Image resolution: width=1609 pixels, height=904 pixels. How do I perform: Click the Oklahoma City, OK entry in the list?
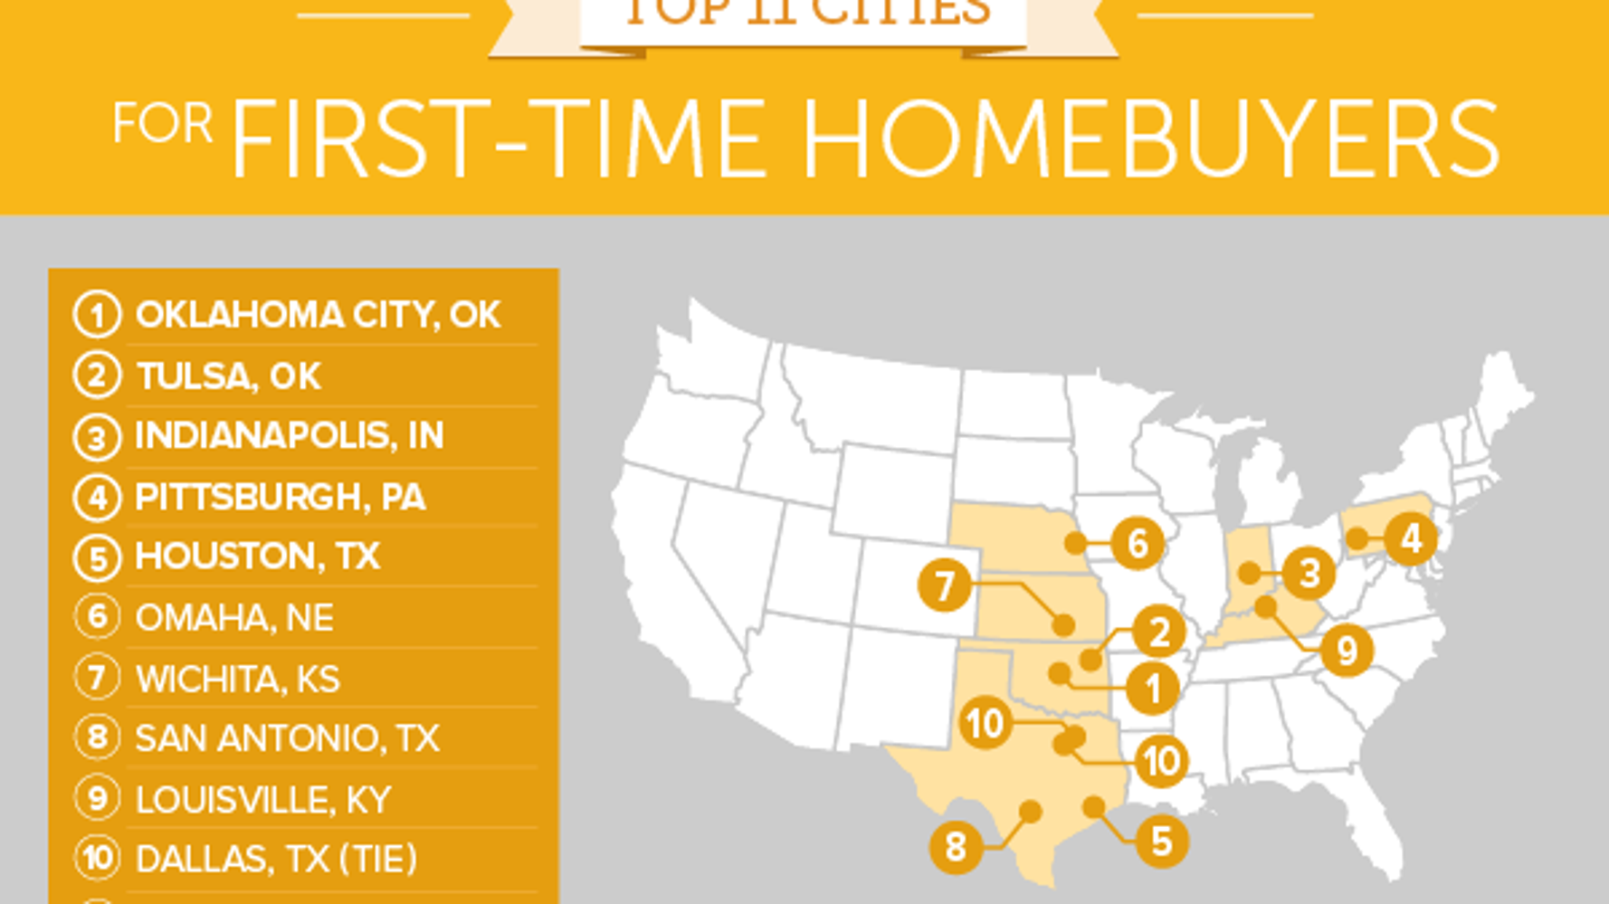[x=317, y=315]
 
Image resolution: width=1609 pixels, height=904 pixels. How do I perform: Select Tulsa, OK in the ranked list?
[x=228, y=376]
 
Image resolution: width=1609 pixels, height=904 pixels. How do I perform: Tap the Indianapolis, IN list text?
[x=289, y=436]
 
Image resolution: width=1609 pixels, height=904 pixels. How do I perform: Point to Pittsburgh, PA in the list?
[x=280, y=497]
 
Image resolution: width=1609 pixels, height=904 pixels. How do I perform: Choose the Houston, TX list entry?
[x=257, y=557]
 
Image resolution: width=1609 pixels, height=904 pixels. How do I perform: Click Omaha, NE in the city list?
[x=234, y=618]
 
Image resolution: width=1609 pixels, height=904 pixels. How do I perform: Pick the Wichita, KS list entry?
[x=237, y=679]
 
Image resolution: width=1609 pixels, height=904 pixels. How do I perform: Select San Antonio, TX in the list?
[x=287, y=738]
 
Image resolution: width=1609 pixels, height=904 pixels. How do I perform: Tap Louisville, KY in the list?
[x=262, y=800]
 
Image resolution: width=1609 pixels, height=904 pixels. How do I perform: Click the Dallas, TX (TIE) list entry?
[x=276, y=859]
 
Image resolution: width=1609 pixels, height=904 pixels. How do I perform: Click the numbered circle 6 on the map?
[x=1137, y=544]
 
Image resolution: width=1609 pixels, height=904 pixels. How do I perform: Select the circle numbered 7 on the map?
[x=944, y=585]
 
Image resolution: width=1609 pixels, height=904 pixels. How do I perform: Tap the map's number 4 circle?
[x=1410, y=539]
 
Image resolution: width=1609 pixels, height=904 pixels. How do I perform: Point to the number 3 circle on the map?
[x=1309, y=573]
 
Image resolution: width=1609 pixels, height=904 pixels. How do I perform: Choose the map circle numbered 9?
[x=1347, y=651]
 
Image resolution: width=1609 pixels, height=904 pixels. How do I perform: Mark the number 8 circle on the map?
[x=956, y=848]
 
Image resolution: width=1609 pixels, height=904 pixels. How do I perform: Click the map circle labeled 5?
[x=1161, y=842]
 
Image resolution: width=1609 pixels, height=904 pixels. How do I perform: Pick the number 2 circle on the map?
[x=1158, y=633]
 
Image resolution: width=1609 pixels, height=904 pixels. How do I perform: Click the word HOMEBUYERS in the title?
[x=1150, y=140]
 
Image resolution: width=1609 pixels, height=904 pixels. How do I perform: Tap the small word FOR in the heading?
[x=163, y=124]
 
